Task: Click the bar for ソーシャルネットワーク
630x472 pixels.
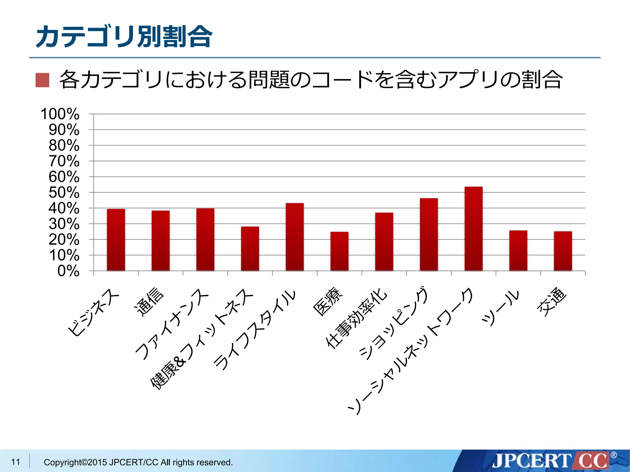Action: [x=473, y=229]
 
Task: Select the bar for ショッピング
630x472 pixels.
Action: [x=429, y=235]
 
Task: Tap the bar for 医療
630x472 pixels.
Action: [x=339, y=251]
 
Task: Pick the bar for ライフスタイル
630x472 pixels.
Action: [x=295, y=237]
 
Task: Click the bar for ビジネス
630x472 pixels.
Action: [x=116, y=240]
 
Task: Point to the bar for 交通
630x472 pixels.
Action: [x=563, y=251]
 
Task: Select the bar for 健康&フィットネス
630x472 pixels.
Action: [x=250, y=249]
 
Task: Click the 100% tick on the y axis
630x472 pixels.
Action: [x=60, y=114]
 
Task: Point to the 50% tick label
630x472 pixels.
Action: [x=64, y=193]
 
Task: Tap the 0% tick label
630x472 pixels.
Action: [x=68, y=271]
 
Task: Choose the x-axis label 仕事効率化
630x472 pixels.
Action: [x=356, y=318]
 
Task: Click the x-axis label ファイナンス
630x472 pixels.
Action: [x=172, y=324]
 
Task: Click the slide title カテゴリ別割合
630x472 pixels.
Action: [x=124, y=37]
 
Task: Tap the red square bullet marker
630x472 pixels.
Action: [x=42, y=80]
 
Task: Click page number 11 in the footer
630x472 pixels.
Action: [x=15, y=462]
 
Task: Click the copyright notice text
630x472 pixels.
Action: [x=138, y=462]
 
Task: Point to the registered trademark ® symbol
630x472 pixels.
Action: [x=613, y=455]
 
